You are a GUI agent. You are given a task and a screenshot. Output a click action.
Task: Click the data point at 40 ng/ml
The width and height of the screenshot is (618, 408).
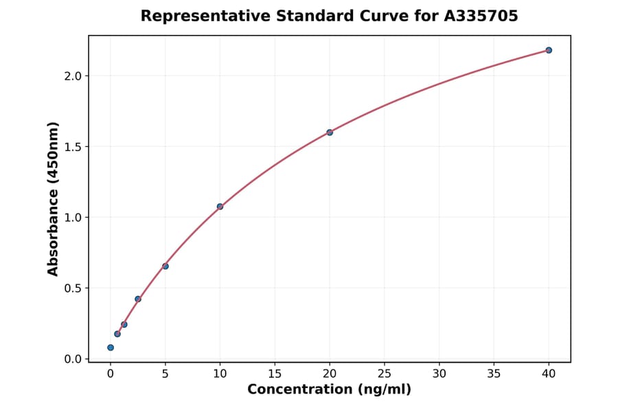[549, 50]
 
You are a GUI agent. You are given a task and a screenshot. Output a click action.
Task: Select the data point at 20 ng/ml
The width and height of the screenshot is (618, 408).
[330, 132]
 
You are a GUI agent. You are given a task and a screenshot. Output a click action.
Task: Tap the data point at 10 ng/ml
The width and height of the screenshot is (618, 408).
[220, 207]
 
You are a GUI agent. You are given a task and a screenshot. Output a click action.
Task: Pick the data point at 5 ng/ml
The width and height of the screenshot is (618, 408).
[165, 266]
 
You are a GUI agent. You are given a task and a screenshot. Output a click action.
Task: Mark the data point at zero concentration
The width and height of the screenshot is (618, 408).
[111, 348]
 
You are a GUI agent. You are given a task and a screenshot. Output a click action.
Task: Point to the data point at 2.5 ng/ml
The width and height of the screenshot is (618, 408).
[138, 299]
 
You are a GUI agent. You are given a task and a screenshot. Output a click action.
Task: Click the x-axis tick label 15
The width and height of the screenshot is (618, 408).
[275, 374]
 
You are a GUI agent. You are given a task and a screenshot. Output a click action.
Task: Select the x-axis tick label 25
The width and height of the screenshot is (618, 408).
[385, 374]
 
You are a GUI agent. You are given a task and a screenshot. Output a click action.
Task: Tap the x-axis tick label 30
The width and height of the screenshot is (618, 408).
[439, 374]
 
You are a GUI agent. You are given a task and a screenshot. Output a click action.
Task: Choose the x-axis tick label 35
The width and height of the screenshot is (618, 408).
[494, 374]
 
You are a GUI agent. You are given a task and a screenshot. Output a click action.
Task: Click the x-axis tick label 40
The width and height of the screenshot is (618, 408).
[549, 374]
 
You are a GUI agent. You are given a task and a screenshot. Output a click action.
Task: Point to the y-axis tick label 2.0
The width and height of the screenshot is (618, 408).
[73, 76]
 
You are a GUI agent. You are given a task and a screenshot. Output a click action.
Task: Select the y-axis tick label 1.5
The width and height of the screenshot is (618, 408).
[73, 146]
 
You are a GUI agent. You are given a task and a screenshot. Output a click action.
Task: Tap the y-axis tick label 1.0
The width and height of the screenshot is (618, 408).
[73, 217]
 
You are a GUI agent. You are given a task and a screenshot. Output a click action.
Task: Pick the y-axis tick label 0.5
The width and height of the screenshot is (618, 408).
[73, 288]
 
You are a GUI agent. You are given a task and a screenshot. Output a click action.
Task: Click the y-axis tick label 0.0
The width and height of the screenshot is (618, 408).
[73, 359]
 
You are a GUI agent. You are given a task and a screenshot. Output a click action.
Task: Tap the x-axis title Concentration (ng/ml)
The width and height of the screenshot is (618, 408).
[329, 389]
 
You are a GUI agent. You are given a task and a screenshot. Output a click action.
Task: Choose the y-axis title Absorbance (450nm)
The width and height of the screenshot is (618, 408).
[54, 199]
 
